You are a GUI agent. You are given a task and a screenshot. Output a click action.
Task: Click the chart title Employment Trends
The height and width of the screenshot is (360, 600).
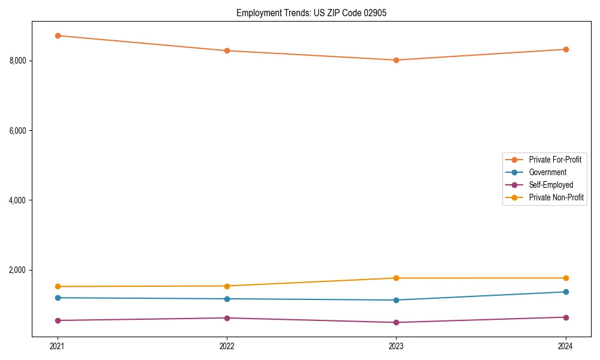tap(307, 13)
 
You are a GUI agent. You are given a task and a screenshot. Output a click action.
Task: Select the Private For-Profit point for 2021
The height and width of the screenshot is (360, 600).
tap(58, 35)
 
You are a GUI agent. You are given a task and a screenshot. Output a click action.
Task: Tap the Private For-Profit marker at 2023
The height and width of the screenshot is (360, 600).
tap(397, 60)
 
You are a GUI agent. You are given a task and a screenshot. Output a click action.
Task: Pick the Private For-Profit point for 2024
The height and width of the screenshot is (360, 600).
tap(566, 49)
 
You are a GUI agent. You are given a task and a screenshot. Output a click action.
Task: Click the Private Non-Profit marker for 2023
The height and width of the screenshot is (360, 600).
tap(397, 278)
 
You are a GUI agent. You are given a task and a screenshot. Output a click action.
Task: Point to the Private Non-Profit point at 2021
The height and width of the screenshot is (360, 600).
tap(58, 286)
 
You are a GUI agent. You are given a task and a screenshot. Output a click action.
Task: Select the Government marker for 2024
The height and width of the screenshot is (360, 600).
tap(566, 292)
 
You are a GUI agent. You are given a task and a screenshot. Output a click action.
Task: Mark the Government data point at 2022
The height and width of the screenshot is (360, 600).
tap(227, 299)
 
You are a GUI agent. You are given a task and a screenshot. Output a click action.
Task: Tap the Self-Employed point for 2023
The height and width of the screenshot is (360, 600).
tap(397, 322)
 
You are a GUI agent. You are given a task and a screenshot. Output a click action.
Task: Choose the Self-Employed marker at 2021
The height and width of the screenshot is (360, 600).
tap(58, 320)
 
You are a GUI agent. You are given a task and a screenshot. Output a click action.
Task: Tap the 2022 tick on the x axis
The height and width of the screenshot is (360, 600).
tap(227, 346)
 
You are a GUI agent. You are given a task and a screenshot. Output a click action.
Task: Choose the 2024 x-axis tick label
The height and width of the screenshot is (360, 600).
tap(566, 346)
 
